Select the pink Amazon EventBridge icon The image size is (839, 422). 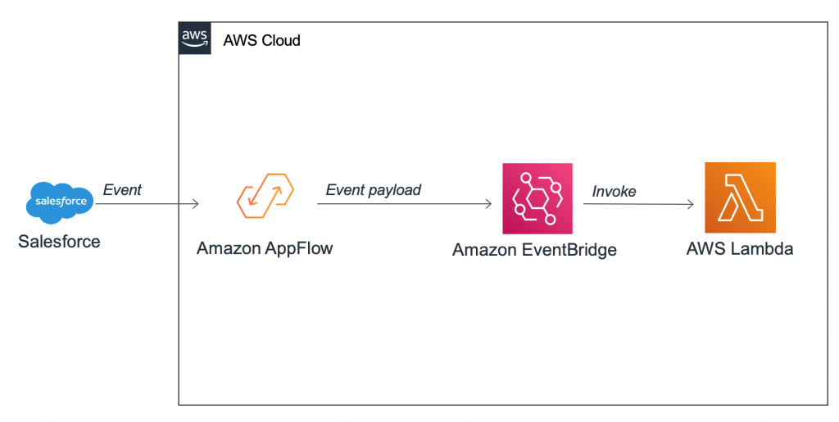[537, 198]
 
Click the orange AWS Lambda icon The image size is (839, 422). [740, 197]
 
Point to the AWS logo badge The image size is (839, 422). [194, 39]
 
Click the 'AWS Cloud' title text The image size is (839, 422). [262, 40]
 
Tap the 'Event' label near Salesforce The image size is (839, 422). [122, 190]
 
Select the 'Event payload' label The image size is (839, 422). [373, 190]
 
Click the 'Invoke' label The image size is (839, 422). [614, 191]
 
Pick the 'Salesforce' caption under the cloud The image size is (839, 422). [59, 242]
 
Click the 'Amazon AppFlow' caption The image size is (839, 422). [265, 248]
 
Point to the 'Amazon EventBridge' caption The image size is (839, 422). [534, 250]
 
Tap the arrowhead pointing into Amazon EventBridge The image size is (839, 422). [488, 204]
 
